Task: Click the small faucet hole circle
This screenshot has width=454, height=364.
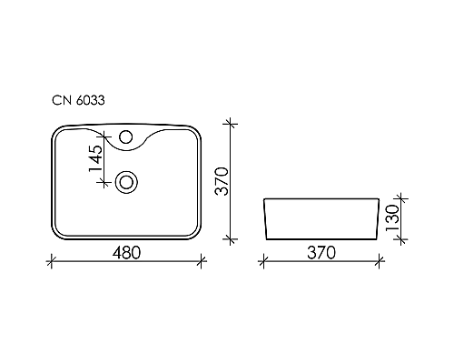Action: (126, 139)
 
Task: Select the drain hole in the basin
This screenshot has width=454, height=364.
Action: (126, 181)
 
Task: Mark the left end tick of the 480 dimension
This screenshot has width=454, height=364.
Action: (49, 262)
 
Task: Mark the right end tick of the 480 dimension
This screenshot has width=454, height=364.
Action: (202, 262)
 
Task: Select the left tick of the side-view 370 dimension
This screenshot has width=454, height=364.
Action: (262, 262)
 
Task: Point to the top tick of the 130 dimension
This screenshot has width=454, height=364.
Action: (397, 198)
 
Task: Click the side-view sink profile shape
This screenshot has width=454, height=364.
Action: (319, 219)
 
